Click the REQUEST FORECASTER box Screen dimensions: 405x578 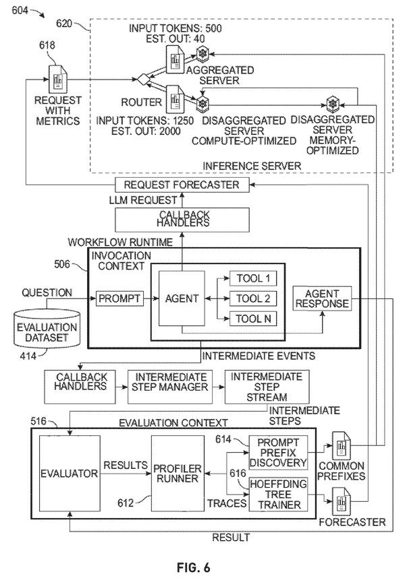click(182, 185)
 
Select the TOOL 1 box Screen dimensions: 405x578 click(253, 278)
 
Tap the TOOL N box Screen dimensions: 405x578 click(253, 319)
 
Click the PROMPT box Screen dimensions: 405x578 click(119, 298)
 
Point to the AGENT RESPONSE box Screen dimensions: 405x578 click(322, 298)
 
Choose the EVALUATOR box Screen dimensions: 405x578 click(70, 474)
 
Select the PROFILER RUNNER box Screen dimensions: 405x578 click(178, 474)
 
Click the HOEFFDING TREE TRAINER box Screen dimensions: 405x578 click(278, 494)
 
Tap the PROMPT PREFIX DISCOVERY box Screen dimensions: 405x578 click(278, 452)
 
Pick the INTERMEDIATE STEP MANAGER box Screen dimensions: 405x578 click(170, 387)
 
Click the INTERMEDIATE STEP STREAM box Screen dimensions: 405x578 click(267, 387)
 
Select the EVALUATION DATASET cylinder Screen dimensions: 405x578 click(47, 328)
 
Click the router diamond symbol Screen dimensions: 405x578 click(142, 79)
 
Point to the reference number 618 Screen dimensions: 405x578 click(47, 45)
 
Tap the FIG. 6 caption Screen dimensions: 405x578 click(194, 567)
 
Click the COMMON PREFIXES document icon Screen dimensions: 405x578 click(341, 446)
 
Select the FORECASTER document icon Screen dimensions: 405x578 click(341, 501)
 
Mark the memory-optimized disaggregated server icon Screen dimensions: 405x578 click(333, 104)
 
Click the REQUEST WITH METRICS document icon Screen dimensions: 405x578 click(58, 79)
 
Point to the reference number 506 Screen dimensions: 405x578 click(61, 264)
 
